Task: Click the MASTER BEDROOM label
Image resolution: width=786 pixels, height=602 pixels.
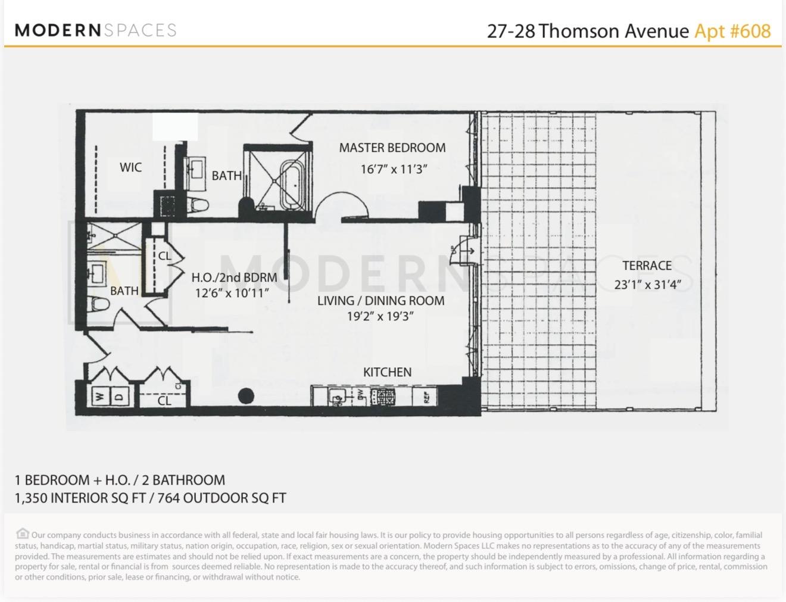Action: coord(392,148)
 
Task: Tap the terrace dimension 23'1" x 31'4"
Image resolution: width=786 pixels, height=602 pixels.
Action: coord(647,285)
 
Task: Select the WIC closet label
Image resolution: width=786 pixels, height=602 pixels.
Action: coord(130,167)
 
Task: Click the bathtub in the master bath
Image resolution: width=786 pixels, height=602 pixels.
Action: coord(292,184)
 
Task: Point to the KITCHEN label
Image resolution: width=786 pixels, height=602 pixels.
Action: coord(387,372)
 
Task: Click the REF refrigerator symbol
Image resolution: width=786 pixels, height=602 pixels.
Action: coord(426,397)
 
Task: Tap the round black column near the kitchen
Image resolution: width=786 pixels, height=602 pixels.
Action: coord(246,395)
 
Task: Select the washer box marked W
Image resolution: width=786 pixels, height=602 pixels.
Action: coord(99,396)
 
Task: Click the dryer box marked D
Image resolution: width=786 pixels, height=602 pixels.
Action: coord(118,396)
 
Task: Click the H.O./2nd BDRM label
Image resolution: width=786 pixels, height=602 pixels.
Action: coord(234,277)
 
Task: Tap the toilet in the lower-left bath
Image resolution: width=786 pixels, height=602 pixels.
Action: coord(99,304)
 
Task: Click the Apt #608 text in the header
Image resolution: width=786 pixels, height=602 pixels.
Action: coord(732,31)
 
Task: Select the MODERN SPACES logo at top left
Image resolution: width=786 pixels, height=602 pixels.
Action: coord(95,30)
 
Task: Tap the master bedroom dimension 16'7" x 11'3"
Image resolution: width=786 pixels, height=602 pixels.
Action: coord(394,169)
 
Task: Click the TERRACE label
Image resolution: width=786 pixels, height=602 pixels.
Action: coord(647,266)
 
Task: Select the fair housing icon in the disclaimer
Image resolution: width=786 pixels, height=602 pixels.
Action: coord(22,534)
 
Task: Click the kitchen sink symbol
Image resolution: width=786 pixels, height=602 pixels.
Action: coord(337,396)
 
